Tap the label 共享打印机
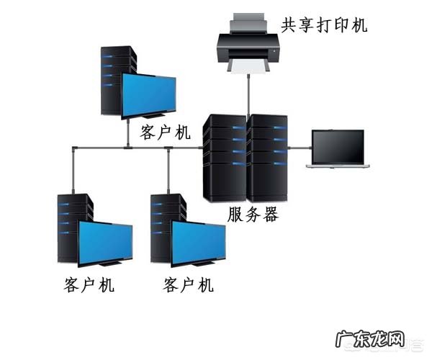[x=324, y=26]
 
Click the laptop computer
[x=338, y=149]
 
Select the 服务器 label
[x=252, y=215]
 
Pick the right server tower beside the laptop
[x=269, y=157]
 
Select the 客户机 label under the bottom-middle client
[x=189, y=284]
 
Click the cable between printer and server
[x=248, y=94]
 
